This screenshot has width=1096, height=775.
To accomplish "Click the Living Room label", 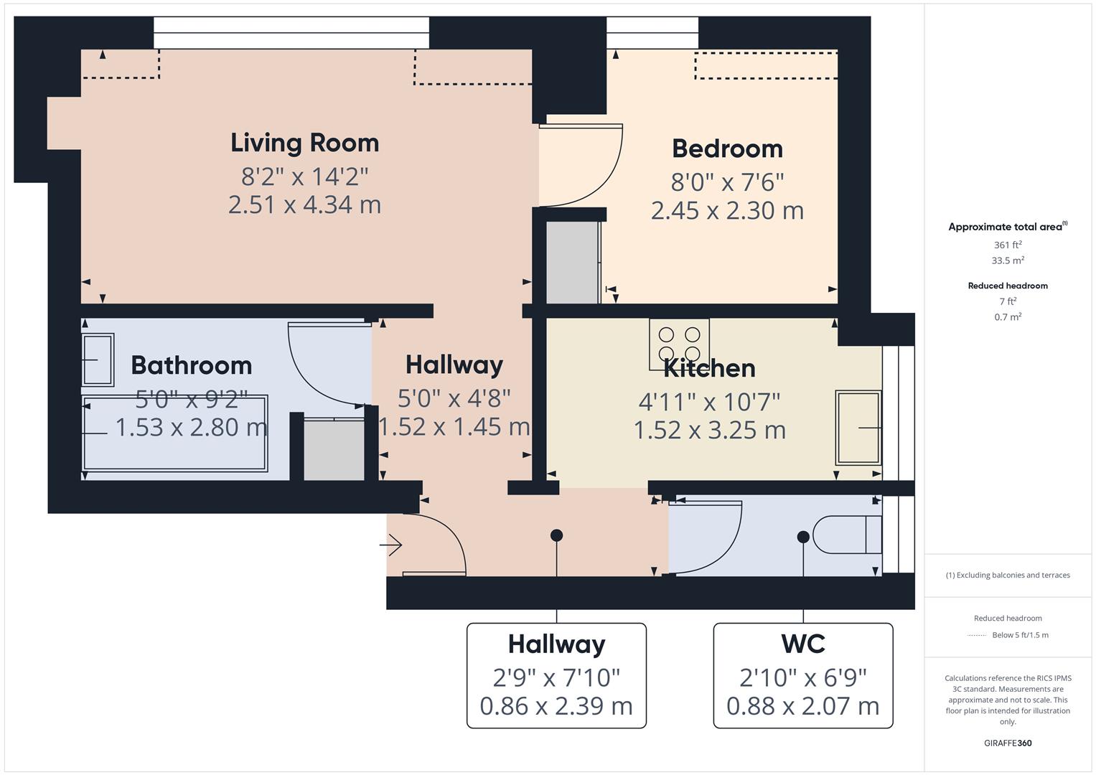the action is coord(305,144).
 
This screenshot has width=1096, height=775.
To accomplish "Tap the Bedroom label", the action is coord(728,149).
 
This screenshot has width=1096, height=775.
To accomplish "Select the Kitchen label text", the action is coord(709,368).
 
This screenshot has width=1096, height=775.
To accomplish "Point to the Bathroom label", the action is coord(192,365).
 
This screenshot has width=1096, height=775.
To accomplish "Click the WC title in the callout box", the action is coord(803,644).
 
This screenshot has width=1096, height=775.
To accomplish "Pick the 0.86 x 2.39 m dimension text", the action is coord(556,706).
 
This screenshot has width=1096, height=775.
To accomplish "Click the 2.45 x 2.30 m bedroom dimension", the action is coord(728,211).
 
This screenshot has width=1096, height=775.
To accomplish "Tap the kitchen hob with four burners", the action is coord(679,344).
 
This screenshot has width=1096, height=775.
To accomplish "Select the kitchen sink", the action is coord(858,428).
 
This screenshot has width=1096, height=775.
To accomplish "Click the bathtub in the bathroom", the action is coord(174,433).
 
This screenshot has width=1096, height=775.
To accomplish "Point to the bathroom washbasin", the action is coord(98,360).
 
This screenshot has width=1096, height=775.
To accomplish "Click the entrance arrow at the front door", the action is coord(391,545).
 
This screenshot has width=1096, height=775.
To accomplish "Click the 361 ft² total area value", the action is coord(1008,245).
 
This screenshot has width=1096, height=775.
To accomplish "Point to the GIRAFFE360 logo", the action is coord(1008,743).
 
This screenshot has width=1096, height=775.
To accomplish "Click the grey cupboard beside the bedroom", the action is coord(573,263).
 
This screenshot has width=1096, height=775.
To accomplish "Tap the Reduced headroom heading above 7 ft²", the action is coord(1008,286).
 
